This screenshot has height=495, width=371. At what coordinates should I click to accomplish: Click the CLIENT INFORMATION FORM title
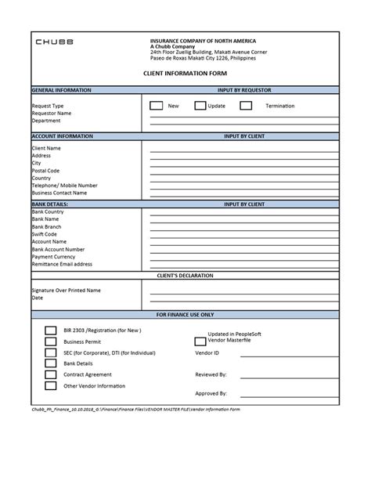point(185,71)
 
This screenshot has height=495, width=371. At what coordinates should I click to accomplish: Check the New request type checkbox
point(156,105)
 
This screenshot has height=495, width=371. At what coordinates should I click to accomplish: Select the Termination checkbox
point(246,105)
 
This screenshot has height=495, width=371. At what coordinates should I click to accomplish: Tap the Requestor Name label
point(52,113)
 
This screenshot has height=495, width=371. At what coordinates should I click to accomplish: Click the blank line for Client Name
point(243,148)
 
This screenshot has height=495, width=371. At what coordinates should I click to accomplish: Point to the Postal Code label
point(45,170)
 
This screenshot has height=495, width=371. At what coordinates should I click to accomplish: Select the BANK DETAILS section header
point(50,204)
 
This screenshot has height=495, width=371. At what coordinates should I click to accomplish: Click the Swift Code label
point(45,234)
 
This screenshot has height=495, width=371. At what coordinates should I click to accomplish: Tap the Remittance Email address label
point(62,264)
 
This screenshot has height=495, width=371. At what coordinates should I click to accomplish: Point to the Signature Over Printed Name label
point(66,290)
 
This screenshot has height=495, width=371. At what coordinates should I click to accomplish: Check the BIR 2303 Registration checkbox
point(51,331)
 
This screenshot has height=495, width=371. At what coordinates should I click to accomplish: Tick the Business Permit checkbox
point(51,341)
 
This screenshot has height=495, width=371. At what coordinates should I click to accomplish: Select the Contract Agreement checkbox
point(51,374)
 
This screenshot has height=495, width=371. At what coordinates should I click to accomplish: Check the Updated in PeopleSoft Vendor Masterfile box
point(200,341)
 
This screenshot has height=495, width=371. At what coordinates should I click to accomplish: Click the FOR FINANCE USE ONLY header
point(185,313)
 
